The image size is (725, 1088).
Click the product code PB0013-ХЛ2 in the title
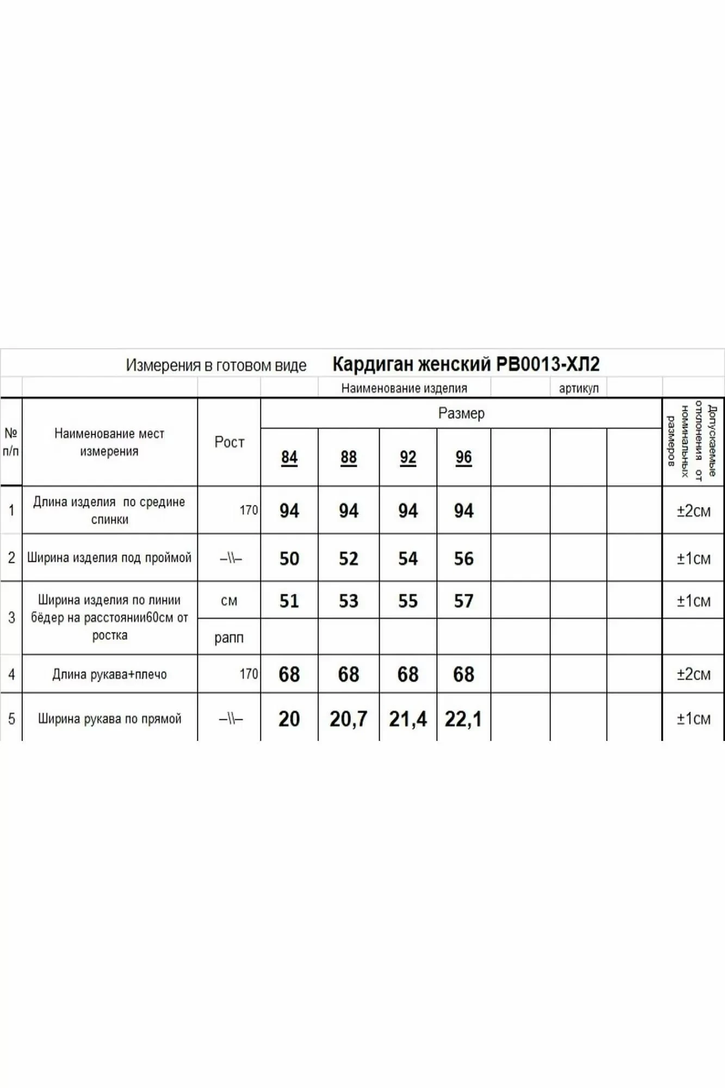tap(548, 364)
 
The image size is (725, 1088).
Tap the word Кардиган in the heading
tap(373, 364)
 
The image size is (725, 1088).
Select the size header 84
tap(289, 458)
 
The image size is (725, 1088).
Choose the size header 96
tap(463, 458)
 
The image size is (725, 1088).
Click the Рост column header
tap(229, 442)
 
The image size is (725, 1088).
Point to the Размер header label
tap(461, 413)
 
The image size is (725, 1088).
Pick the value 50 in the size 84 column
tap(289, 559)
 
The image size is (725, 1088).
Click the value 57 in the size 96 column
tap(463, 601)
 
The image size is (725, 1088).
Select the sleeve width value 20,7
tap(349, 719)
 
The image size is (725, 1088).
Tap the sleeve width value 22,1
tap(463, 719)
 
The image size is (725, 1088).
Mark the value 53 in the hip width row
tap(349, 601)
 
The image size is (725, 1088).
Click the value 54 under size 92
tap(408, 559)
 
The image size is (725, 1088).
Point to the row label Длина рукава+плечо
tap(109, 675)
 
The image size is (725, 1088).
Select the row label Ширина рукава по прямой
tap(109, 719)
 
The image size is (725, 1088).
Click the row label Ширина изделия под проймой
tap(109, 558)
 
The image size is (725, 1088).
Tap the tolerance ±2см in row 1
tap(693, 511)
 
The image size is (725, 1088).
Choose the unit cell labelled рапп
tap(229, 638)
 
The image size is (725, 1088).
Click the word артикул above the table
tap(579, 388)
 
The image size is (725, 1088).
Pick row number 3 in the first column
tap(11, 618)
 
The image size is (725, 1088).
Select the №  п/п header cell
tap(11, 442)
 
